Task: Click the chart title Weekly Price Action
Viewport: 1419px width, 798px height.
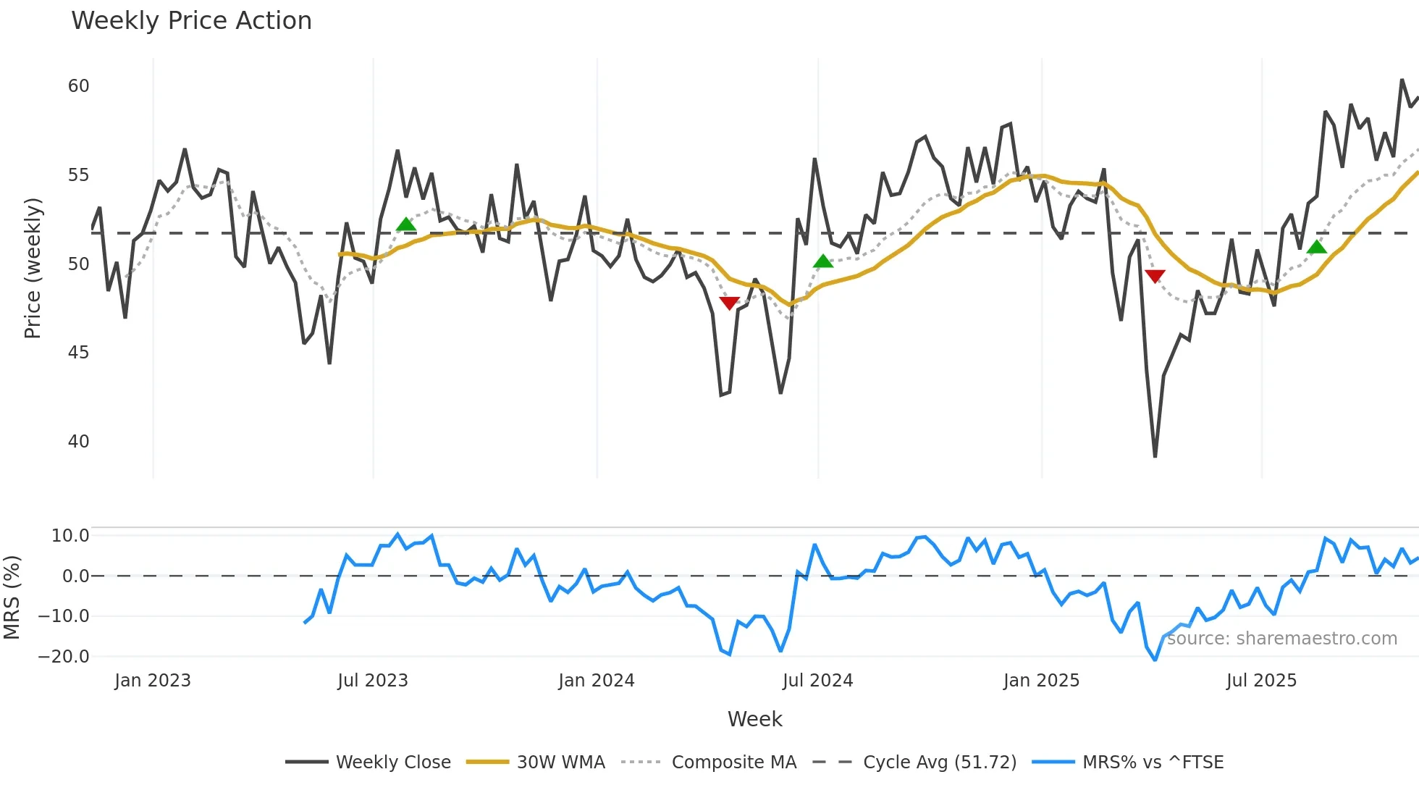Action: pos(191,21)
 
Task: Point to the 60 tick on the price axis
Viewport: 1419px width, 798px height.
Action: pos(78,86)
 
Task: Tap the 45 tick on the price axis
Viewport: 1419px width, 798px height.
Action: pos(78,353)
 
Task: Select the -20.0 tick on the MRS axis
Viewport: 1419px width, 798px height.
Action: pos(64,657)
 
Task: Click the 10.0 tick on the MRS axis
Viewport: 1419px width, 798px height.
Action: pos(70,536)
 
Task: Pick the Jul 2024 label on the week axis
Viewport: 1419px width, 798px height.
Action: pos(817,681)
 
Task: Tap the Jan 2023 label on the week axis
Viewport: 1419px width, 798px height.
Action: pos(153,681)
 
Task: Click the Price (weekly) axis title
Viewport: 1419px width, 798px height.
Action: pos(33,268)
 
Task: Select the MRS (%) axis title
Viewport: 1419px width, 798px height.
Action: pos(12,597)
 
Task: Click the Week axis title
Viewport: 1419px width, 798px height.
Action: pos(754,719)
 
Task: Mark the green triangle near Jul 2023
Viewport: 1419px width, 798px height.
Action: pos(406,224)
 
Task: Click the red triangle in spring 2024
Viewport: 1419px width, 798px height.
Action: pos(729,303)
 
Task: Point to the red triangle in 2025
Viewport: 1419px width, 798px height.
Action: pos(1155,276)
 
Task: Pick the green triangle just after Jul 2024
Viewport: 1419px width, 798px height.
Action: pos(823,261)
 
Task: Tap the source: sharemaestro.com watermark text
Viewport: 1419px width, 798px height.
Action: pos(1281,639)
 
